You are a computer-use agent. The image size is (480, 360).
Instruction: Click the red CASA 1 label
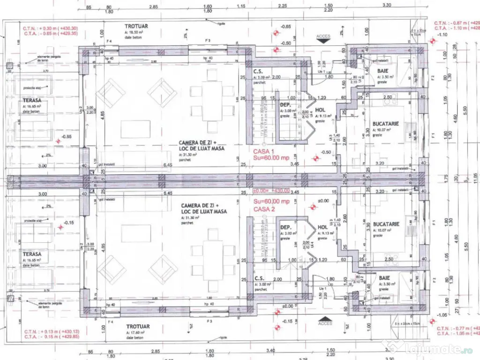click(263, 151)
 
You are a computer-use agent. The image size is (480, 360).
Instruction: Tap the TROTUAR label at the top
click(136, 26)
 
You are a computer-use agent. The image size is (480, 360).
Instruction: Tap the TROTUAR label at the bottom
click(137, 326)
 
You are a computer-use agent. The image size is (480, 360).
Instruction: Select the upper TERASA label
click(32, 100)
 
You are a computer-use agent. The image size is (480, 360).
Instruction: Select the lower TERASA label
click(32, 254)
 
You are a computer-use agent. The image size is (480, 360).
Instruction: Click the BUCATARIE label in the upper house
click(385, 124)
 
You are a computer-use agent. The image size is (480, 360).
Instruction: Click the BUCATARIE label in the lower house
click(386, 224)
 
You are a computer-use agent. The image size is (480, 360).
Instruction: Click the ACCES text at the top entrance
click(323, 36)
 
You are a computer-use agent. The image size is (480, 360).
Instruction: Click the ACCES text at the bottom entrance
click(325, 323)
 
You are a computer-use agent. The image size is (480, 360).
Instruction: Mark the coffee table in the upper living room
click(135, 128)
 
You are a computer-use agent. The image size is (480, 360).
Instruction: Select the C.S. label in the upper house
click(257, 72)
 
